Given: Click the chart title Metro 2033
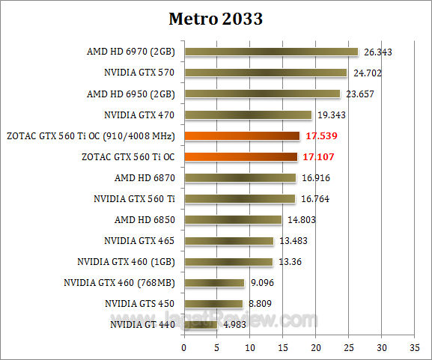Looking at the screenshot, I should click(216, 19).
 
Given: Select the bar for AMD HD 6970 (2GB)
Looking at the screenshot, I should click(271, 52).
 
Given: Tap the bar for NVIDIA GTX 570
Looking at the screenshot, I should click(266, 73).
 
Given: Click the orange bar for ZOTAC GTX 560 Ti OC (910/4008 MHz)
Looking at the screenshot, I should click(242, 135).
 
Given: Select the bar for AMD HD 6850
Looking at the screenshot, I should click(233, 220).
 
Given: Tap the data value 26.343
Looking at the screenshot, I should click(378, 52).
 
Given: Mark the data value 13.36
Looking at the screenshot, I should click(290, 262).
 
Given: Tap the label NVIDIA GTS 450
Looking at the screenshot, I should click(140, 304).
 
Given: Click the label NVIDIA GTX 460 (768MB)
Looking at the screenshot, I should click(119, 283).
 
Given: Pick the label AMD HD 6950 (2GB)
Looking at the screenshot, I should click(131, 94).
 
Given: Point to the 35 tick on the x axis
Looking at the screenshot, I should click(415, 347).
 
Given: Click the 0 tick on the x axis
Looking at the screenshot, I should click(184, 347).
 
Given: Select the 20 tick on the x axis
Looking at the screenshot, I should click(316, 347).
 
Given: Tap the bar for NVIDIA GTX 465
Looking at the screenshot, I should click(228, 241).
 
